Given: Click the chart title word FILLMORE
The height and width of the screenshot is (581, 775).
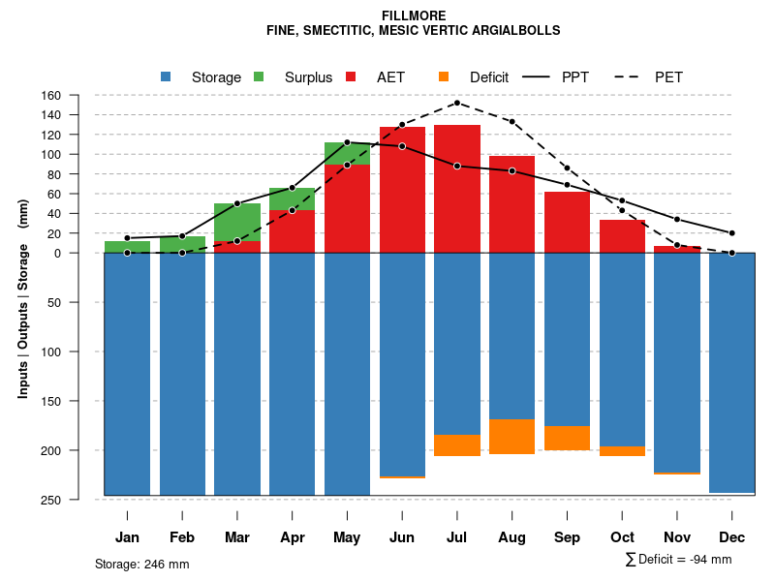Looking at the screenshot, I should [x=413, y=16].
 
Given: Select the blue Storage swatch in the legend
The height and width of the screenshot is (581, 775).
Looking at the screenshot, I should [x=166, y=76].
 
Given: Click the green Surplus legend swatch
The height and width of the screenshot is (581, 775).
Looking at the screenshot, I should [x=259, y=76].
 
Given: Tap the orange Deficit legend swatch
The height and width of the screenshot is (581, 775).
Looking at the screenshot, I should [x=444, y=76].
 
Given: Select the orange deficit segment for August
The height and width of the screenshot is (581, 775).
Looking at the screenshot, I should [x=512, y=437].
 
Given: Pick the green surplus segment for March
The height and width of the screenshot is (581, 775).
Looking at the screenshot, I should [x=237, y=223].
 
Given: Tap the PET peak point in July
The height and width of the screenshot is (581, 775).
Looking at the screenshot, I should [x=457, y=103].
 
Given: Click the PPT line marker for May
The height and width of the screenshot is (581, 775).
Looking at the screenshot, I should [x=347, y=142].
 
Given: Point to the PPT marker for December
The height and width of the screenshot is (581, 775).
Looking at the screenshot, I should [x=732, y=233].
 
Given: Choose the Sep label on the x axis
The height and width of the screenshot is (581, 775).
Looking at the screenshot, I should [x=568, y=537].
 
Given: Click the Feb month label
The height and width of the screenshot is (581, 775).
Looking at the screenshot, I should [x=182, y=537].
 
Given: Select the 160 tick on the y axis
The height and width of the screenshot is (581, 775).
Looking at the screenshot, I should [x=78, y=95].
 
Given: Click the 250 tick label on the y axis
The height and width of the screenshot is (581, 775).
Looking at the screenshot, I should [x=78, y=500].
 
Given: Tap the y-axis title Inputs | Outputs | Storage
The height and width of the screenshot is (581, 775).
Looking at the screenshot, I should [x=23, y=299].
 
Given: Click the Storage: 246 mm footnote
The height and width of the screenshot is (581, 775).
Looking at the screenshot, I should [x=142, y=565].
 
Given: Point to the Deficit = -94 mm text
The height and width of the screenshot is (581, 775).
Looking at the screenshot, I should [x=684, y=560].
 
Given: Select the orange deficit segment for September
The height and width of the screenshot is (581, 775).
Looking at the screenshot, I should [x=568, y=438].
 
